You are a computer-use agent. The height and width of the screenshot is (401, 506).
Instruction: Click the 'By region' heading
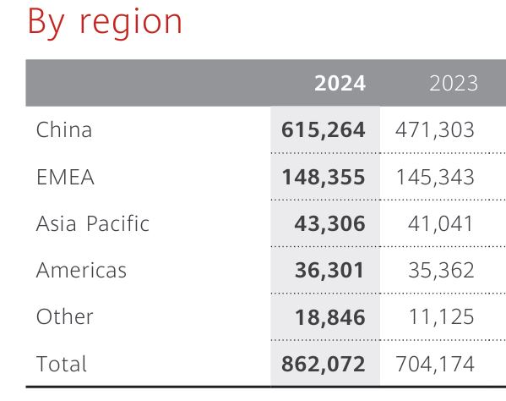coord(105,21)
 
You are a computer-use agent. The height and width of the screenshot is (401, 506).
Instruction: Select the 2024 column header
coord(340,83)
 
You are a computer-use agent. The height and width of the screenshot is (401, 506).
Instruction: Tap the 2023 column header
coord(454,83)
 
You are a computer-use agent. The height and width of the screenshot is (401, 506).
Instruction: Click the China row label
coord(64,130)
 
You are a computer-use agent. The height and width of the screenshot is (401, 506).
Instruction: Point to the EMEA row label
coord(65,178)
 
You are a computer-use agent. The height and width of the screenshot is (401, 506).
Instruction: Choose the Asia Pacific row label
coord(93,224)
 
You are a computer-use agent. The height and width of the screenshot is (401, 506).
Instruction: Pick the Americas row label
coord(81,271)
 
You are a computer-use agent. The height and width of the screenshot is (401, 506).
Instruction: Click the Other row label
coord(65,317)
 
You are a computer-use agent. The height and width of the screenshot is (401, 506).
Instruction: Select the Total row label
coord(62,364)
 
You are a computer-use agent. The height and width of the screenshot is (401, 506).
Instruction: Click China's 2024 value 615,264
coord(324,130)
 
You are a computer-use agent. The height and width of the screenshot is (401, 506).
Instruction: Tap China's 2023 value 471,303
coord(435,130)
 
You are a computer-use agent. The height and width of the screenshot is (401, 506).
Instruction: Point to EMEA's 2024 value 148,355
coord(324,178)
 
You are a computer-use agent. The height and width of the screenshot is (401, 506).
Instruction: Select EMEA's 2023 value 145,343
coord(435,178)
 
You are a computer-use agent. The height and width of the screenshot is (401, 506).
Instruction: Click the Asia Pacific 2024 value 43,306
coord(331,224)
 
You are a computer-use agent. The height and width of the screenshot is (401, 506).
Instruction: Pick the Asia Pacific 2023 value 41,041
coord(443,224)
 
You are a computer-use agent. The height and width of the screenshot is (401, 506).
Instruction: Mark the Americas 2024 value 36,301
coord(331,271)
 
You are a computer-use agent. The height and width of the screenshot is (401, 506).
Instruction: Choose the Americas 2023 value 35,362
coord(443,271)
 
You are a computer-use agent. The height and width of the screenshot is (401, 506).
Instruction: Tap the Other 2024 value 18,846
coord(331,317)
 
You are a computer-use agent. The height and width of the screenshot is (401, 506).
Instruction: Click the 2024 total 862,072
coord(324,364)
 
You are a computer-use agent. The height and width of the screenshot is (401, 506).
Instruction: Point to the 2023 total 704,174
coord(435,364)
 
